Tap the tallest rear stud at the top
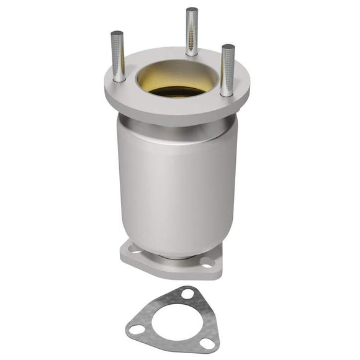coord(192,31)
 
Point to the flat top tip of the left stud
coord(117,34)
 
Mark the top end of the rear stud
coord(192,10)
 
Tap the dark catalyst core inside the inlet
coord(177,91)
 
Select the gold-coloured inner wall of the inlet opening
coord(177,73)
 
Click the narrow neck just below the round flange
coord(177,127)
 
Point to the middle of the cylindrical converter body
coord(177,186)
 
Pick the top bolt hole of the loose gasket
coord(187,294)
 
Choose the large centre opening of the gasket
coord(176,322)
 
